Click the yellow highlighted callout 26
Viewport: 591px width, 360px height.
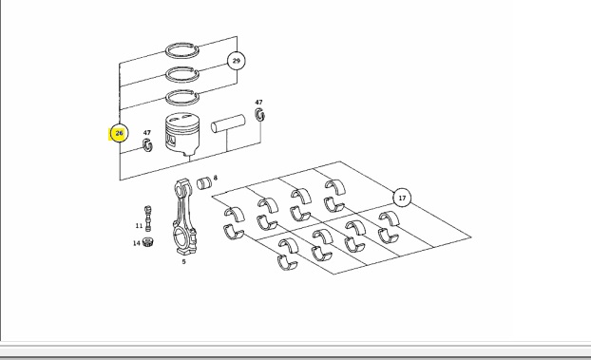(119, 133)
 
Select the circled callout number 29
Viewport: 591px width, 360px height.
(237, 61)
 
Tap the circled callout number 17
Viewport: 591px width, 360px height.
(402, 198)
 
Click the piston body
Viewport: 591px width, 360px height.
(182, 134)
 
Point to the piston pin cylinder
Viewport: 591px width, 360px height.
(228, 123)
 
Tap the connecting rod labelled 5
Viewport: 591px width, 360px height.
(184, 218)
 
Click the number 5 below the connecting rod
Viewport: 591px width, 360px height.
(184, 261)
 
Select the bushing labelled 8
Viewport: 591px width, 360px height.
(204, 183)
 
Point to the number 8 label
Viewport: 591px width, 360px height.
(216, 178)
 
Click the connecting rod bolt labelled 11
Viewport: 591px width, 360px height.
(148, 218)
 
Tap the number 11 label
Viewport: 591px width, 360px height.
(139, 226)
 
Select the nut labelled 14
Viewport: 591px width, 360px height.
(148, 241)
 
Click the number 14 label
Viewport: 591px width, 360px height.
(137, 243)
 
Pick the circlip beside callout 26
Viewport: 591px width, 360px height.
(147, 145)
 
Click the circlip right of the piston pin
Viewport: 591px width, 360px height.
(259, 115)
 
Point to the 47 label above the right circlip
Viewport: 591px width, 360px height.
(258, 103)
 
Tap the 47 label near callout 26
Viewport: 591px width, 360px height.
(147, 133)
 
